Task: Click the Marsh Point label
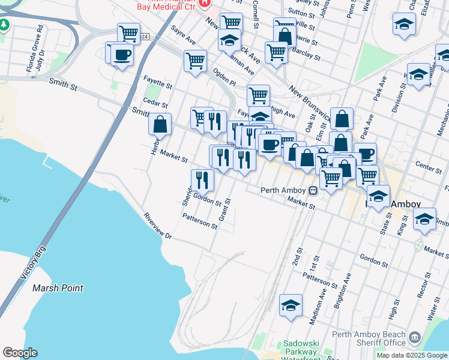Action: point(58,288)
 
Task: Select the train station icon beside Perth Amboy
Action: point(313,191)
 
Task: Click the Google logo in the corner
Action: point(20,353)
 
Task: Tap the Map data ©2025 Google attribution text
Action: point(412,355)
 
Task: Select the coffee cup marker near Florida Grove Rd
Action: point(122,55)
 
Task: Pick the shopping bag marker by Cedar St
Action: point(160,124)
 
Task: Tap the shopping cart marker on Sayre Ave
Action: point(195,60)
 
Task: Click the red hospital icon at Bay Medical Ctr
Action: point(205,3)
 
